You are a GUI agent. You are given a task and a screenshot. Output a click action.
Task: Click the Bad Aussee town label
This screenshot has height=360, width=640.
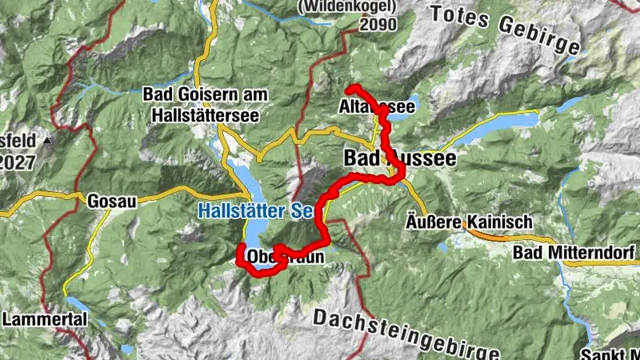400,158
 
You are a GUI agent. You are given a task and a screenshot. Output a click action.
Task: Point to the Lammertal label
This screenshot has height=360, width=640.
36,319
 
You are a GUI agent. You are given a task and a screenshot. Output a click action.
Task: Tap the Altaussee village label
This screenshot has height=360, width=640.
376,106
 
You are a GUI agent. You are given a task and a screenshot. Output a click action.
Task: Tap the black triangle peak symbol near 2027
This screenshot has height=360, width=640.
46,141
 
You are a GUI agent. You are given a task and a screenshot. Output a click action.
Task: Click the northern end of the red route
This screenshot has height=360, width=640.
350,87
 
